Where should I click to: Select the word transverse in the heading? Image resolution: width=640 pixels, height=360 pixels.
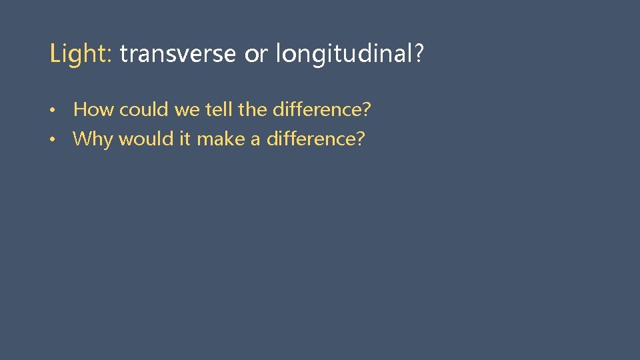point(177,54)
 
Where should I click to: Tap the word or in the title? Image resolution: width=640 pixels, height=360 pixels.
point(255,54)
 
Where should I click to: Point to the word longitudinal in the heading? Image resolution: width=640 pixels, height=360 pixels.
point(341,54)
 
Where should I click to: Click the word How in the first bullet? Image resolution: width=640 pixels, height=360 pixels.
point(93,109)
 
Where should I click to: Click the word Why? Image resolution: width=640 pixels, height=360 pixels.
point(93,139)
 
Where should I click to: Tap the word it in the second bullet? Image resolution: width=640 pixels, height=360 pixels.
point(185,139)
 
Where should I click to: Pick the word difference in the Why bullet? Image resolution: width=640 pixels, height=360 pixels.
point(311,139)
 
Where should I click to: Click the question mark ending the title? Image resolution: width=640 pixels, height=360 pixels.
point(418,54)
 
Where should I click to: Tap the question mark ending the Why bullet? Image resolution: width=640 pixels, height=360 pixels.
point(361,139)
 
